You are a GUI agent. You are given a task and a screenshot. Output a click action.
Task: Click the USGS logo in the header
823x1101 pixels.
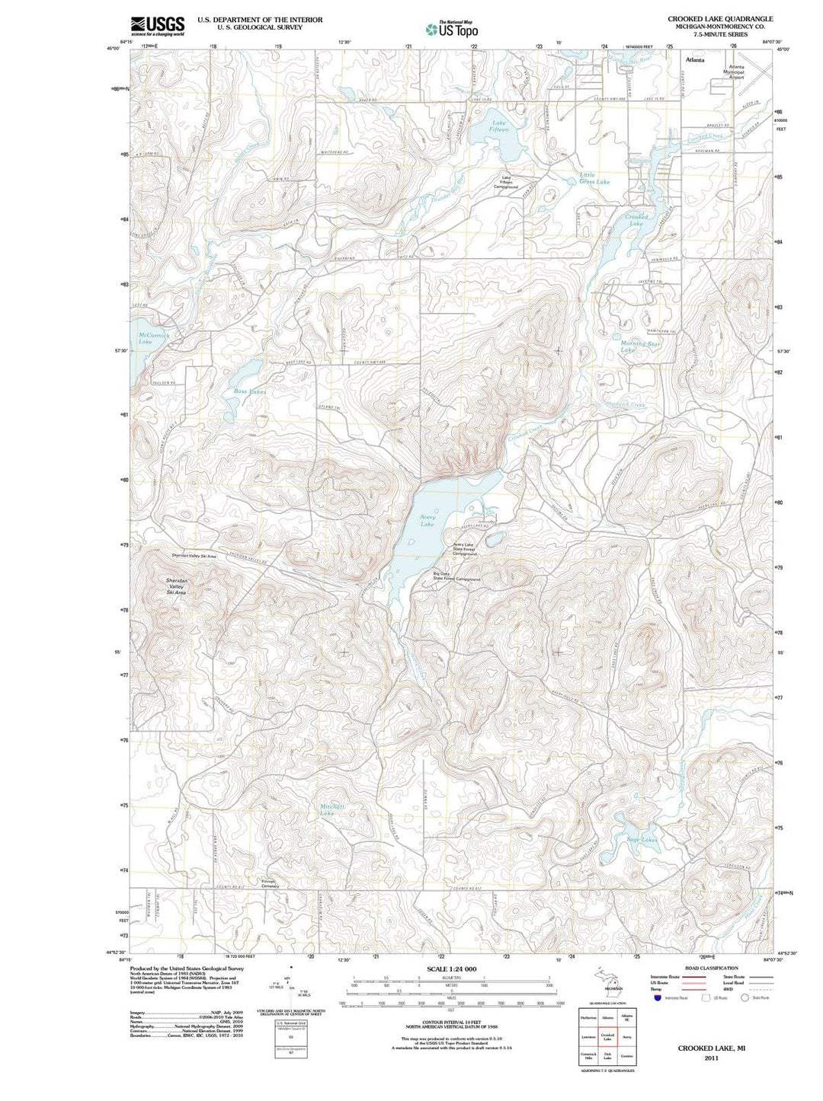[x=158, y=26]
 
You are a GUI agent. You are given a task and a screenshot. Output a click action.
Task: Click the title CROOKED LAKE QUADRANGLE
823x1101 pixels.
[x=720, y=18]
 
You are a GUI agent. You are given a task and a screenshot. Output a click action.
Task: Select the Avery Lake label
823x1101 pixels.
[x=428, y=521]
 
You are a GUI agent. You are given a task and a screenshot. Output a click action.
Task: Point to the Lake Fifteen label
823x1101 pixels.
[x=499, y=126]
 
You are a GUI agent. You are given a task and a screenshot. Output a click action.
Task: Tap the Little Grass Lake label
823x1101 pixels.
[x=594, y=178]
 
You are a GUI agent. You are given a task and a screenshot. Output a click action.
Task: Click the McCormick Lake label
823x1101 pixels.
[x=155, y=338]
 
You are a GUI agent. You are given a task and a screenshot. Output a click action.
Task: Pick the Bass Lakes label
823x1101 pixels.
[x=250, y=391]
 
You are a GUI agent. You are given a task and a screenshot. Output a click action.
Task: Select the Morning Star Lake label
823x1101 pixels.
[x=639, y=346]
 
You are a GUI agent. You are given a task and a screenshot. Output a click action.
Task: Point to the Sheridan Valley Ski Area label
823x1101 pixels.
[x=177, y=586]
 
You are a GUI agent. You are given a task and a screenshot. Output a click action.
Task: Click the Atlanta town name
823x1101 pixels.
[x=695, y=59]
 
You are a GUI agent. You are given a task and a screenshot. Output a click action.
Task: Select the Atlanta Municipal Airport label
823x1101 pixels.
[x=736, y=72]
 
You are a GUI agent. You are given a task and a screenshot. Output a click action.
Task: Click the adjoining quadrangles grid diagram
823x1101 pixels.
[x=607, y=1036]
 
